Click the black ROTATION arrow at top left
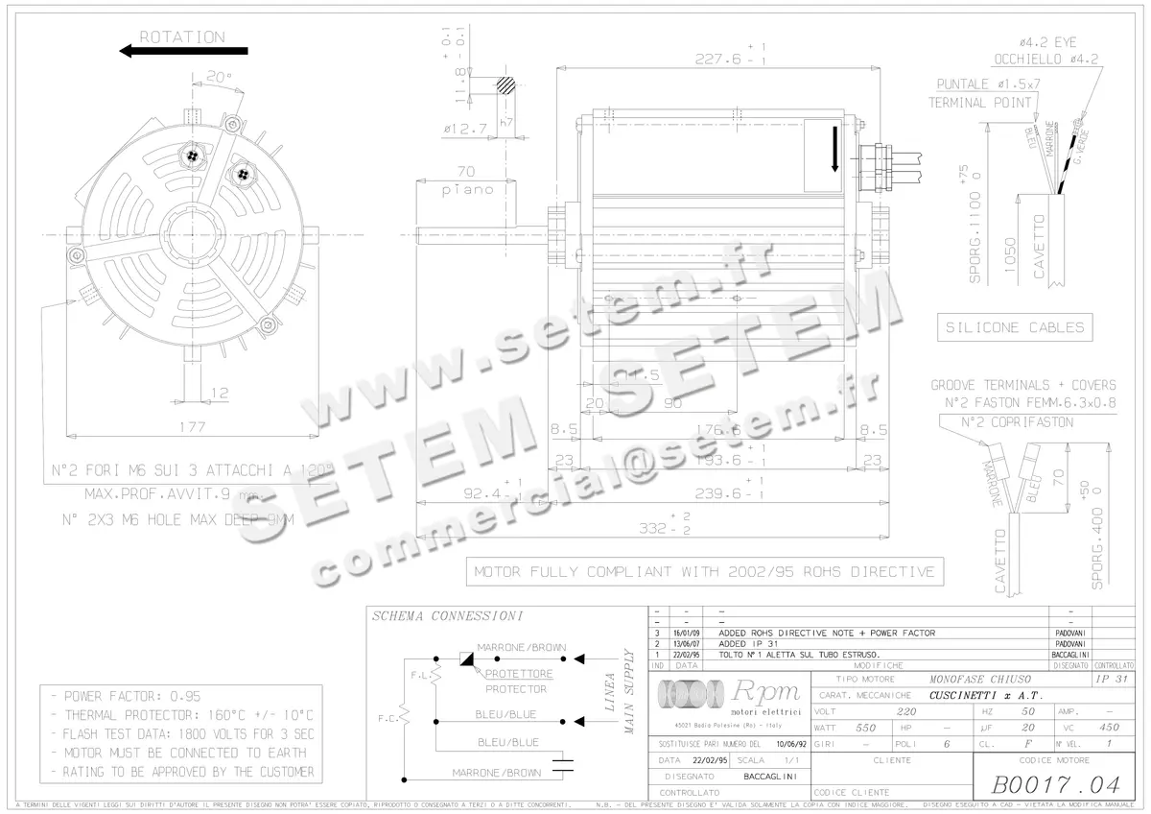(x=182, y=53)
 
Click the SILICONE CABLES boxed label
(x=1015, y=327)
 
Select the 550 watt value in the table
(x=866, y=728)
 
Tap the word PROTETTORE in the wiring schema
(x=516, y=674)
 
